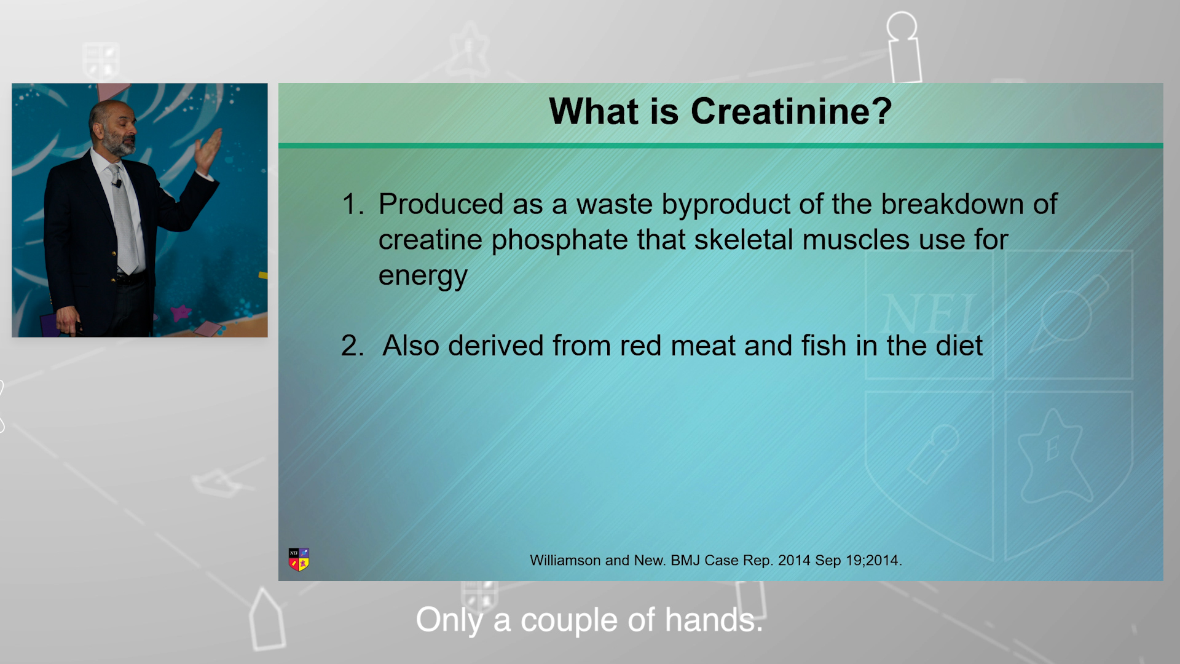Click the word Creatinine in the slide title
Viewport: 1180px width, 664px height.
(x=791, y=111)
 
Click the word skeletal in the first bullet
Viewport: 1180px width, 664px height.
(x=744, y=239)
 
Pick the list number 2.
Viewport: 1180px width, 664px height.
(x=352, y=346)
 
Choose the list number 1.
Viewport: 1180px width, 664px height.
(x=352, y=204)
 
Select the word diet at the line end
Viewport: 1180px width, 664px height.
(x=959, y=345)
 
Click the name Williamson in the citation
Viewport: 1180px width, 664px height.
(x=565, y=561)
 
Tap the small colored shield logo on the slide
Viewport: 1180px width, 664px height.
(x=299, y=559)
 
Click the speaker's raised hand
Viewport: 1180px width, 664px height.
(x=208, y=150)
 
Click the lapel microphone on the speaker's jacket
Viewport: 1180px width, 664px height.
(x=117, y=183)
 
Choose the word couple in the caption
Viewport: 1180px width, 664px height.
(x=568, y=621)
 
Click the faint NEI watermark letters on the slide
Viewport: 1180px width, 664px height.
(x=928, y=314)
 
